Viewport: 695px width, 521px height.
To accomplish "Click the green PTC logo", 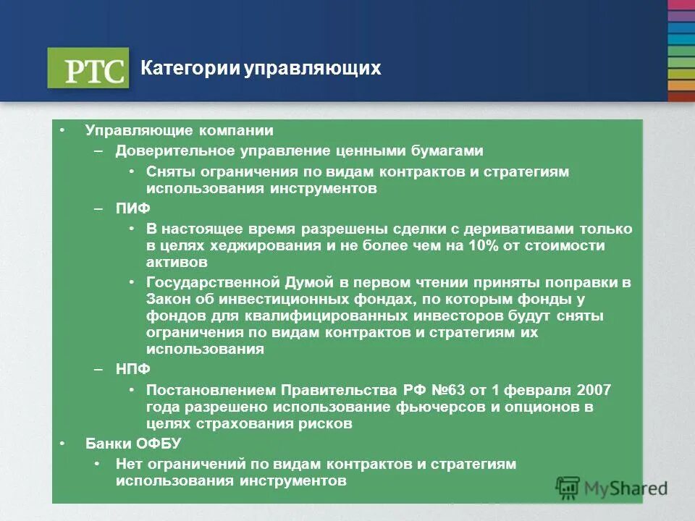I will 88,68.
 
